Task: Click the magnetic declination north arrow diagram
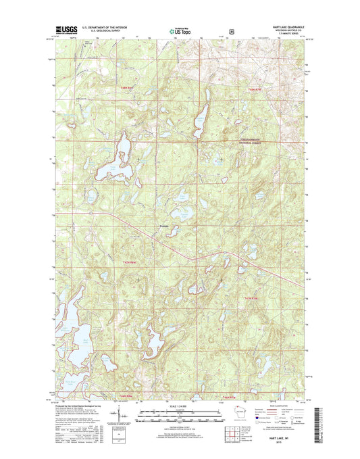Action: (119, 414)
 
